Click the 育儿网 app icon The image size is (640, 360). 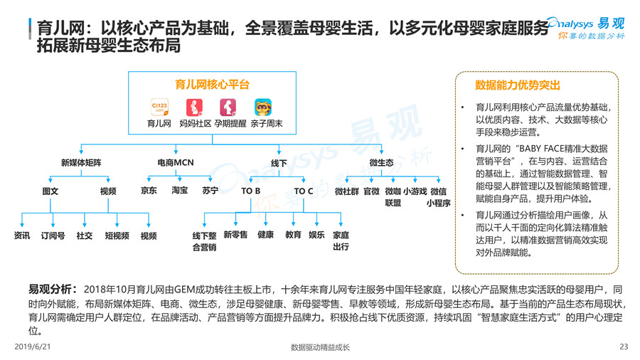[x=159, y=107]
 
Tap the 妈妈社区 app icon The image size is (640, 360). [x=193, y=107]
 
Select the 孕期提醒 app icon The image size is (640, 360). [x=228, y=107]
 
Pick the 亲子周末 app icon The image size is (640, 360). [x=264, y=107]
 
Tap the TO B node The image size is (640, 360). [x=250, y=191]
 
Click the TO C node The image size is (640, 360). [x=304, y=191]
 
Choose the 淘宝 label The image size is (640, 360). [x=179, y=191]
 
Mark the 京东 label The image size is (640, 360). [x=149, y=191]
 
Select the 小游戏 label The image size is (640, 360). [x=415, y=191]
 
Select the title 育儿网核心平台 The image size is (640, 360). [x=212, y=84]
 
